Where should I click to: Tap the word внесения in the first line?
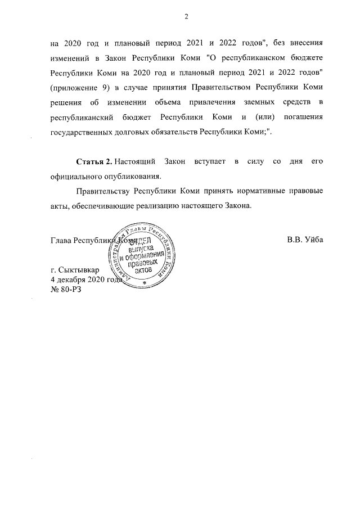306,42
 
